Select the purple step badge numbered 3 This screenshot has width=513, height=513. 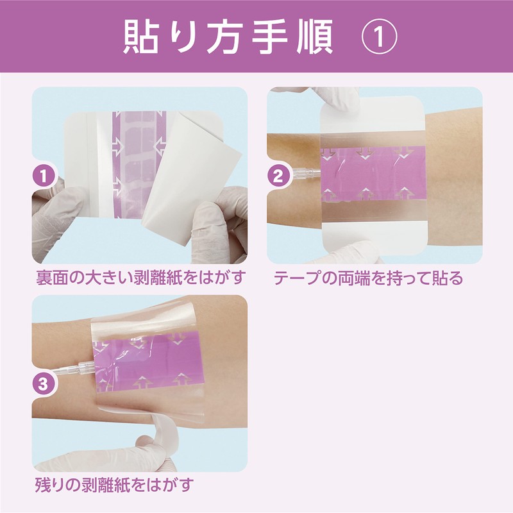[43, 385]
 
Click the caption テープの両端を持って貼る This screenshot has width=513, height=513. [368, 279]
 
